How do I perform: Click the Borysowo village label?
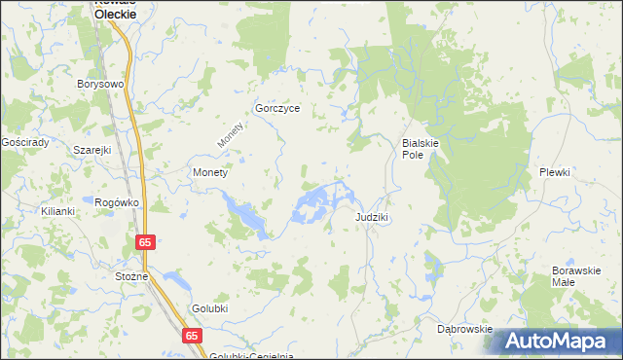click(101, 84)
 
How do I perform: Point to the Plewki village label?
click(555, 171)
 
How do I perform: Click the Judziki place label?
click(373, 217)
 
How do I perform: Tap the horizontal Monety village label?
click(210, 172)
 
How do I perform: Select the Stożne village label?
click(131, 276)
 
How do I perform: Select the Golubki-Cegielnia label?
click(244, 355)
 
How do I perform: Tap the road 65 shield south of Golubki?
click(192, 335)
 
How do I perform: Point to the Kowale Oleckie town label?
click(116, 9)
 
